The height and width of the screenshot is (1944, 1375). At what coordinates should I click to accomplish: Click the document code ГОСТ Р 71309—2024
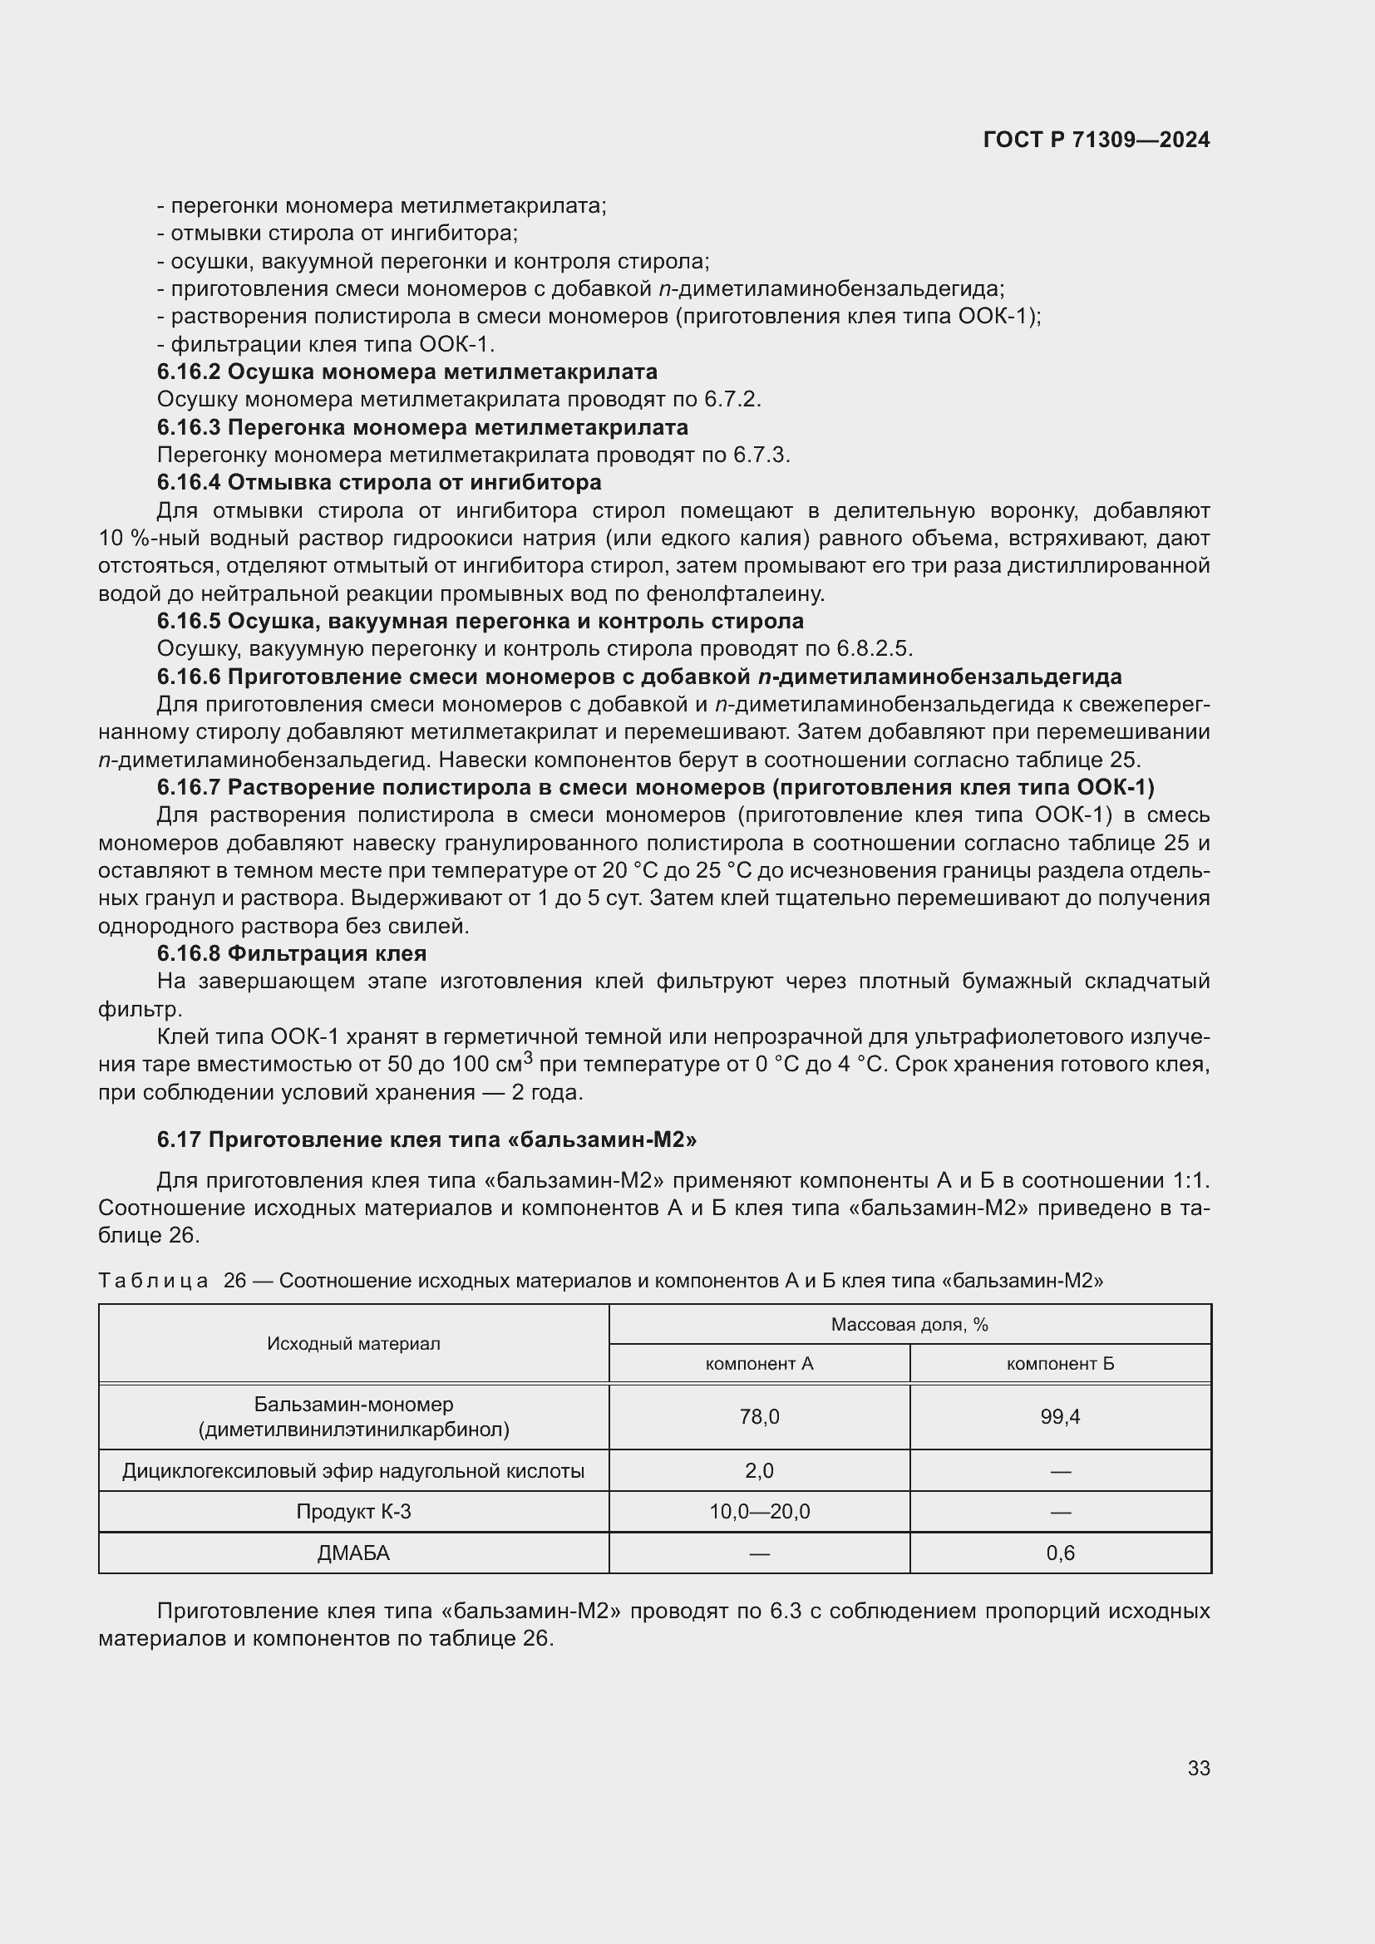point(1097,140)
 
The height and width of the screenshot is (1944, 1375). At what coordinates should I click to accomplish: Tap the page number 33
point(1198,1768)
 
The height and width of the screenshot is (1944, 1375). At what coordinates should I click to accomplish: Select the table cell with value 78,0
point(759,1416)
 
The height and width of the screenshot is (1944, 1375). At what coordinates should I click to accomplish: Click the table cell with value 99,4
point(1060,1416)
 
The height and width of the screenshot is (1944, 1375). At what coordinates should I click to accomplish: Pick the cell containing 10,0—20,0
point(759,1511)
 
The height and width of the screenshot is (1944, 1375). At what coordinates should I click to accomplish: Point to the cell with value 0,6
point(1060,1553)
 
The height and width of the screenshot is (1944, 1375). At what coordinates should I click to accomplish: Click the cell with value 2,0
point(759,1471)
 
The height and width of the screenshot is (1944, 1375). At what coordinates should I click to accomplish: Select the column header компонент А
point(759,1363)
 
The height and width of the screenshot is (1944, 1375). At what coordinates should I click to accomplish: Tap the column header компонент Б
point(1060,1363)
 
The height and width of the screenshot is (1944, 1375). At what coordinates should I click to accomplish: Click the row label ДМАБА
point(353,1553)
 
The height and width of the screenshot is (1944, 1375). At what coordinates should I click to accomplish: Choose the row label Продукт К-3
point(353,1511)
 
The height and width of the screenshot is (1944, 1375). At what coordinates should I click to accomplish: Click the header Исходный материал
point(353,1344)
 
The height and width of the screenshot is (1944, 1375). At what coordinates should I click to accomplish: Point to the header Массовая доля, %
point(909,1324)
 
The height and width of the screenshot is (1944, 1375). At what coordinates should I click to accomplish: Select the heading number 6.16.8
point(189,953)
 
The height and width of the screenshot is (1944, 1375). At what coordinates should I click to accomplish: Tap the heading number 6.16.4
point(189,483)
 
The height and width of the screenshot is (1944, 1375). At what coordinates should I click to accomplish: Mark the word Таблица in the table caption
point(153,1280)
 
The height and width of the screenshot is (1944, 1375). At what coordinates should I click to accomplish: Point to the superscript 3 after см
point(528,1056)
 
